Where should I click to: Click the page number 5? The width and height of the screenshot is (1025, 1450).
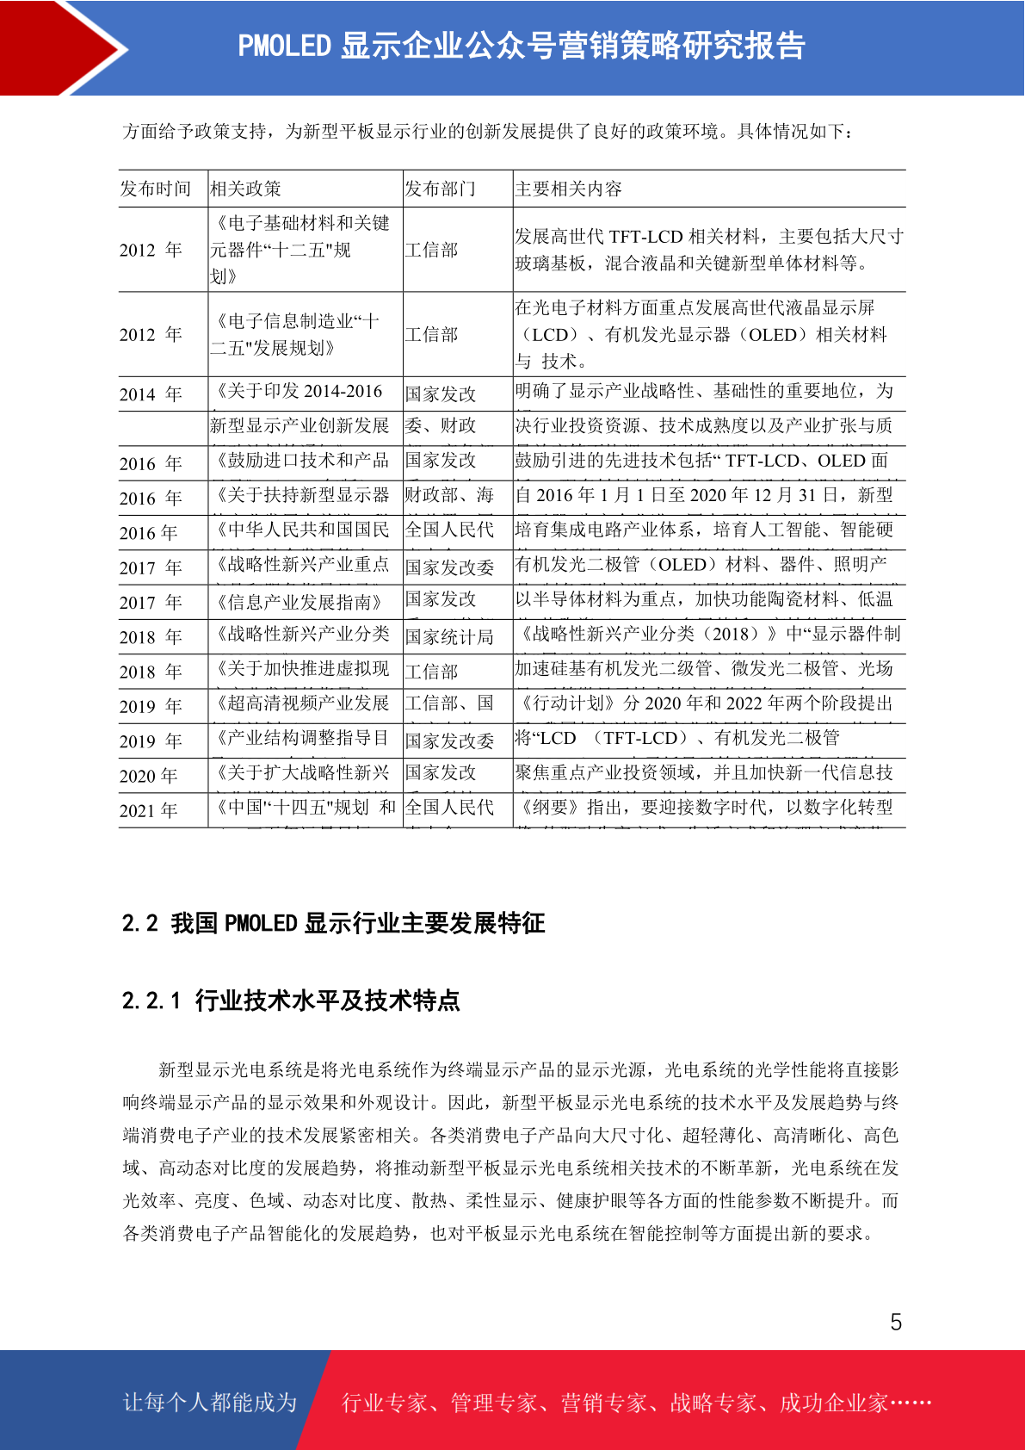896,1322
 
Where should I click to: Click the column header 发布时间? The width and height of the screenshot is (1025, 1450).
155,189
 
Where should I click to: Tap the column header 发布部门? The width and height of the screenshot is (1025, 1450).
440,189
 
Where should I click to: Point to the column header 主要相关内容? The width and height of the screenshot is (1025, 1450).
568,189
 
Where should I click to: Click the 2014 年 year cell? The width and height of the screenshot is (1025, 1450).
151,394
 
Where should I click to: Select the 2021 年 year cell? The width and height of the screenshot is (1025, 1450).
149,810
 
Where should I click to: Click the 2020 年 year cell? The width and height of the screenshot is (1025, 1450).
149,776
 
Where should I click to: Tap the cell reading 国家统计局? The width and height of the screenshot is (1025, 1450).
449,637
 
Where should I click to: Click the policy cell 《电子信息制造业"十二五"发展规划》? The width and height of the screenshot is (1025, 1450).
297,334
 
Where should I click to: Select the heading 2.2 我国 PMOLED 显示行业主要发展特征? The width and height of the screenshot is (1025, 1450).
334,923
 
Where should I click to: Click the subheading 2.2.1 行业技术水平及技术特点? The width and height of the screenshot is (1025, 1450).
291,1000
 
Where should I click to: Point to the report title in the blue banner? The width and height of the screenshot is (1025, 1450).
521,46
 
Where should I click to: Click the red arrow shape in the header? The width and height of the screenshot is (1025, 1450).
60,47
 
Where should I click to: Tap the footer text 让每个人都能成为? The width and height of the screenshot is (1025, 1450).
210,1402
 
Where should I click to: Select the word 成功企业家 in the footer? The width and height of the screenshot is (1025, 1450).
833,1403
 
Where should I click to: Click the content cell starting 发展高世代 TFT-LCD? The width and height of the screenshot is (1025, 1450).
709,250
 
